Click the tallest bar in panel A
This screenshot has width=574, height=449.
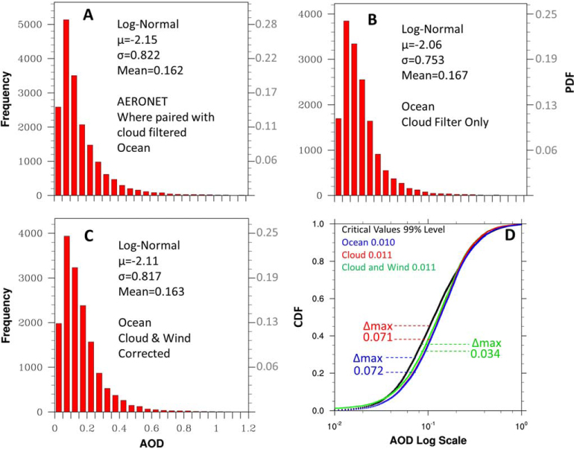tap(66, 107)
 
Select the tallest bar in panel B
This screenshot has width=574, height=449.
tap(347, 108)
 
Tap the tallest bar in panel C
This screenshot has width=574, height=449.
tap(66, 324)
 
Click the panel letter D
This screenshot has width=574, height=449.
tap(510, 235)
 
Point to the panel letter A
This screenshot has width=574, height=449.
tap(88, 15)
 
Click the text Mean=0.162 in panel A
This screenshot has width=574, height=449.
tap(150, 70)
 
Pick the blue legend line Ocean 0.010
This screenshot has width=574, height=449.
tap(368, 242)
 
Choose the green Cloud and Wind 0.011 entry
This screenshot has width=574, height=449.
tap(389, 267)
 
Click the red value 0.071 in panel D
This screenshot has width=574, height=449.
tap(378, 337)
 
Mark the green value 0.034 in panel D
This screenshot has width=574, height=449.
tap(485, 354)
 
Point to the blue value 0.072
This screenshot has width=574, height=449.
tap(368, 371)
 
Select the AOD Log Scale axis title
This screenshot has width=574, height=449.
tap(428, 440)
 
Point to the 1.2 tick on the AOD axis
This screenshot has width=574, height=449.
tap(248, 428)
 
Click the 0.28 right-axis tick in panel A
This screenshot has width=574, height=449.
tap(266, 25)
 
